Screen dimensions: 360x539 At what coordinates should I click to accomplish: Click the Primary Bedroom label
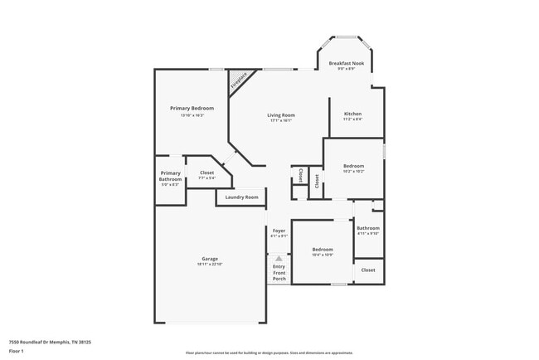click(x=192, y=109)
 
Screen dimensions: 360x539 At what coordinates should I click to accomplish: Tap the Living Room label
click(x=281, y=115)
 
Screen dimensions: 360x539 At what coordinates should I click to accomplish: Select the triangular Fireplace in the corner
click(x=238, y=81)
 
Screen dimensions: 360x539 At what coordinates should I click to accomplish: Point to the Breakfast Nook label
click(x=346, y=63)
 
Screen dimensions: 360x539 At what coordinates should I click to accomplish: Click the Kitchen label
click(x=353, y=114)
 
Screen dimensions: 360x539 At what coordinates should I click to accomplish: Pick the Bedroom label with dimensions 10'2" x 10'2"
click(x=353, y=166)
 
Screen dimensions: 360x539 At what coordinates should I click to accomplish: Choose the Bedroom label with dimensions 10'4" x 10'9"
click(x=323, y=249)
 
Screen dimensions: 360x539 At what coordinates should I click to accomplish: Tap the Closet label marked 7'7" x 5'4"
click(x=206, y=173)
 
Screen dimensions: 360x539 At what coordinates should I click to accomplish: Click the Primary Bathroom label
click(x=170, y=176)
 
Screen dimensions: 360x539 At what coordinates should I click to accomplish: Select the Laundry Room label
click(x=241, y=197)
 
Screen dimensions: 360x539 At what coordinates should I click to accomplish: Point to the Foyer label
click(x=279, y=231)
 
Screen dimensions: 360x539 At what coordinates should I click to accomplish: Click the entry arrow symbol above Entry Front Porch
click(x=279, y=258)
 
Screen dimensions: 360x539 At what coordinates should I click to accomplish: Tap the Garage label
click(x=210, y=259)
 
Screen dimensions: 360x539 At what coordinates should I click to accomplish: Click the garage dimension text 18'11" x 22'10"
click(x=210, y=265)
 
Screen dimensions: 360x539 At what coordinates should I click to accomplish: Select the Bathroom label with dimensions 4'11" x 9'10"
click(x=367, y=228)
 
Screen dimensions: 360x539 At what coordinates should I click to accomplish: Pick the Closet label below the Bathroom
click(x=368, y=270)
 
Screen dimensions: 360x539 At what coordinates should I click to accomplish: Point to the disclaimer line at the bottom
click(x=268, y=353)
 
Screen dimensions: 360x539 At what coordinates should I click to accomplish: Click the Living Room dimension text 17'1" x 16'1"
click(x=281, y=121)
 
